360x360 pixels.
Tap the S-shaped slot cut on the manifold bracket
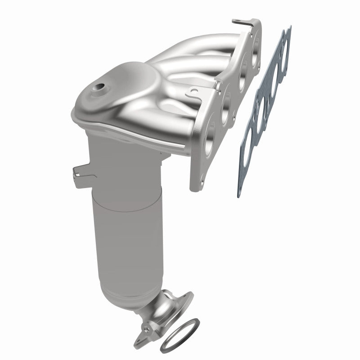194,92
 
